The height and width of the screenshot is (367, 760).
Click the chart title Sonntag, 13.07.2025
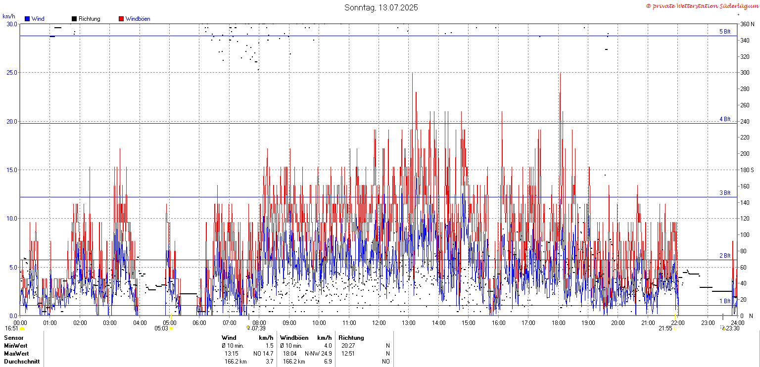[x=381, y=7]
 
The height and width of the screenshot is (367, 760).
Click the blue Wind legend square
[x=27, y=19]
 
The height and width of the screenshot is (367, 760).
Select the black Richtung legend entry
[x=86, y=19]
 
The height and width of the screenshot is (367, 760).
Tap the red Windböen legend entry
[x=135, y=19]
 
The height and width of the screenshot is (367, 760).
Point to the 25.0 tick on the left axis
[x=12, y=73]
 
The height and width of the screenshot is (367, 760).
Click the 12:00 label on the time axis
[x=379, y=323]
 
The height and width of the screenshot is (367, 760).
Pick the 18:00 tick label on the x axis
[x=558, y=323]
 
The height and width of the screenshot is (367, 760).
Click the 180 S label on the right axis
[x=747, y=170]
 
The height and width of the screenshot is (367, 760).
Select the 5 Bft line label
[x=725, y=32]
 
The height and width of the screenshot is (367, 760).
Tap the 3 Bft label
[x=725, y=193]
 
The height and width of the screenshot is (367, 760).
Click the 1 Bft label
[x=725, y=301]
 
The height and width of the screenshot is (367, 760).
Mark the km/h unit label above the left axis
[x=9, y=16]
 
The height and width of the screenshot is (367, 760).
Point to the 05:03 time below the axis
[x=161, y=328]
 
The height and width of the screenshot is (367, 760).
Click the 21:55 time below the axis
[x=665, y=328]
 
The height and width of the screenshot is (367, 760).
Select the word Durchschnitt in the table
[x=22, y=362]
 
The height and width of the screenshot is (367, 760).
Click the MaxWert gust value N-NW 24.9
[x=318, y=354]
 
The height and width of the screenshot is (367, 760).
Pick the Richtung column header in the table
[x=351, y=338]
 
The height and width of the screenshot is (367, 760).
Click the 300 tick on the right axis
[x=745, y=73]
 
